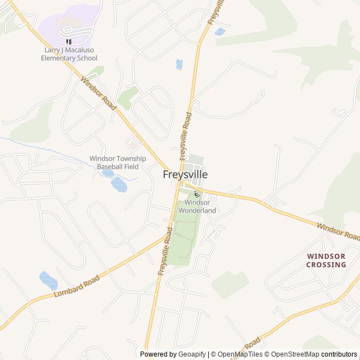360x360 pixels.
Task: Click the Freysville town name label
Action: click(185, 175)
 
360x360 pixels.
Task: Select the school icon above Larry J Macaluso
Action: click(69, 42)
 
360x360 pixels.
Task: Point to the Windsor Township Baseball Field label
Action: click(118, 163)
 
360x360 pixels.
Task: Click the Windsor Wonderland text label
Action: click(197, 206)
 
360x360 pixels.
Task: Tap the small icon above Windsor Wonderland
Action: click(196, 194)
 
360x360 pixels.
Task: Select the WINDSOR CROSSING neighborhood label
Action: click(326, 260)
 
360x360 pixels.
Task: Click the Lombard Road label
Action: click(76, 287)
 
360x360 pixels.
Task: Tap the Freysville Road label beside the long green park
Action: click(165, 251)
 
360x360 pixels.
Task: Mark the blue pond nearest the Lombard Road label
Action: click(48, 280)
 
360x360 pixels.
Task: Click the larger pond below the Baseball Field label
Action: click(119, 184)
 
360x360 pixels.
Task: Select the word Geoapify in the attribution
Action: click(193, 354)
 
